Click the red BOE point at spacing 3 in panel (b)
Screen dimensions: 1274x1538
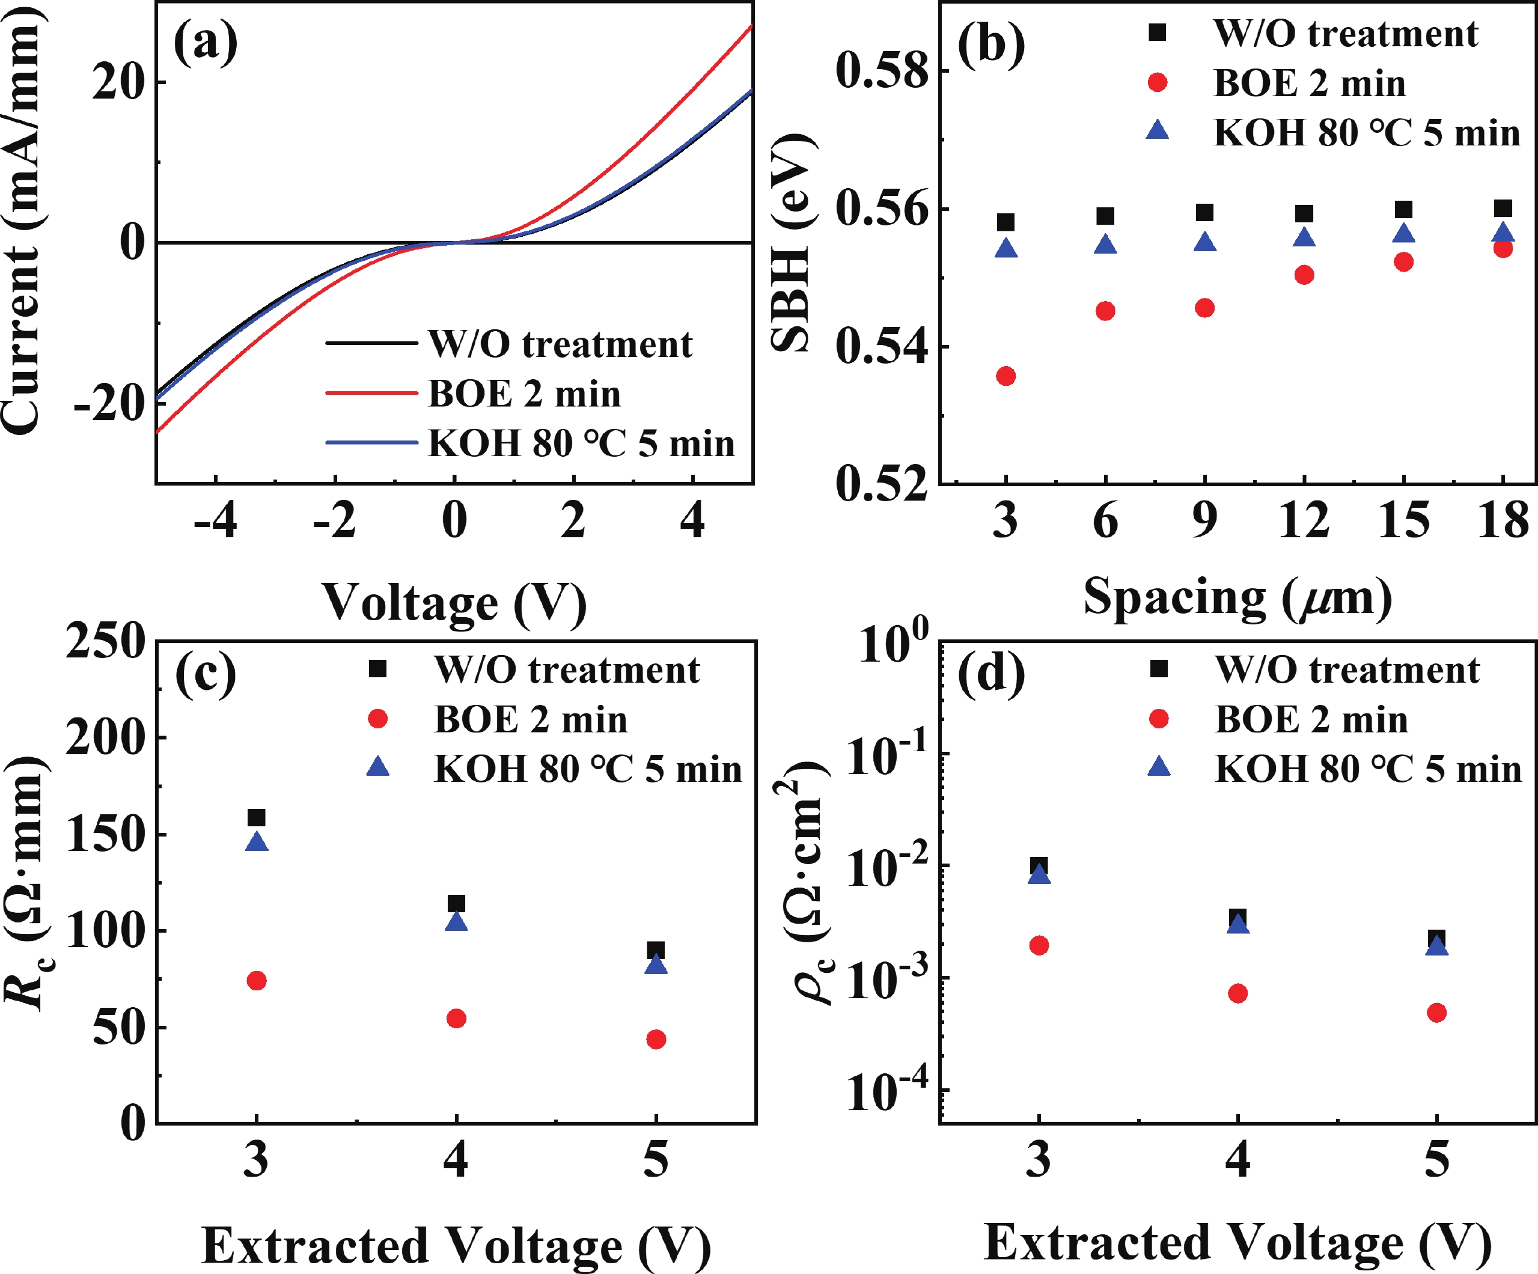point(1006,376)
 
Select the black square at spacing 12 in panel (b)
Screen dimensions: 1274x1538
point(1304,214)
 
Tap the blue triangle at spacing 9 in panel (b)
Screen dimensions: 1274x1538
point(1205,242)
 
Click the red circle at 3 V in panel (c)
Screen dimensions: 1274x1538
point(256,980)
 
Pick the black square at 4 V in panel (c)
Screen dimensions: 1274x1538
point(456,903)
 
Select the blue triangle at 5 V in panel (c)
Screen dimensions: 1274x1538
point(656,965)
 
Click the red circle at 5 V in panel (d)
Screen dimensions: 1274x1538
point(1437,1013)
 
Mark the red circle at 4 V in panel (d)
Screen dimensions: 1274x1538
point(1237,993)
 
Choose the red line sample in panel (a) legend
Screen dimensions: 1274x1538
point(371,393)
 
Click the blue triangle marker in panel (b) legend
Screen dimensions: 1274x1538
point(1157,131)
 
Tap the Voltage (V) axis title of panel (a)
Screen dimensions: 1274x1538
point(454,603)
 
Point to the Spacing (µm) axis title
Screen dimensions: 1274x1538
point(1237,597)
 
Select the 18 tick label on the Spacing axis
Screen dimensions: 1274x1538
point(1503,520)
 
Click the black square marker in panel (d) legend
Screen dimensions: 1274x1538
point(1159,668)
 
